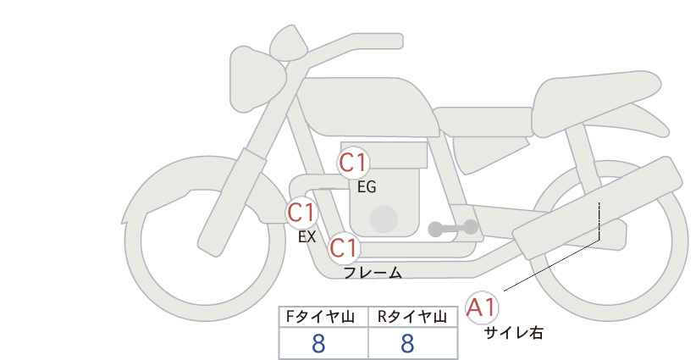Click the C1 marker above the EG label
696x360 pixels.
[353, 163]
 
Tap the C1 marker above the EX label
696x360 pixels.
[301, 213]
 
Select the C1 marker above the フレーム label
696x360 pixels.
[344, 247]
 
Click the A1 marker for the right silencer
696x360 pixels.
[482, 307]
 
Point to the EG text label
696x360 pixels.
[367, 187]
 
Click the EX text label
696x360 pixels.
[307, 236]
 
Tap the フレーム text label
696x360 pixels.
[373, 272]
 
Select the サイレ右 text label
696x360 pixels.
[514, 332]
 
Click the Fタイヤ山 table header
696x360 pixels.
[320, 317]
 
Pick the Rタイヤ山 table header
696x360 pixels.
[412, 317]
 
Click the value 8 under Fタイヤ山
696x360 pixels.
[318, 343]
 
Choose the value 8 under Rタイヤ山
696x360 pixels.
[407, 343]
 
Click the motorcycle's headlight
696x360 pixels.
[256, 79]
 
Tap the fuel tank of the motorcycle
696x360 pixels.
[366, 106]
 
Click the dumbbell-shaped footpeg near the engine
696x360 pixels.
[453, 228]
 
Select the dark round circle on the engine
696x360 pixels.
[384, 219]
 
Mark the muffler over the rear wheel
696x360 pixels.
[597, 208]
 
